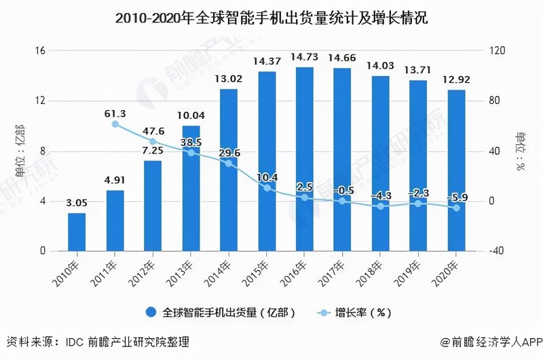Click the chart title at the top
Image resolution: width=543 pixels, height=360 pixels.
coord(271,18)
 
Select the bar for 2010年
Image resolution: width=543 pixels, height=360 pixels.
coord(77,232)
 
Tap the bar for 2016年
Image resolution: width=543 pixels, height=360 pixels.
coord(305,159)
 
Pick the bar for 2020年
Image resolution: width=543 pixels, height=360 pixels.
coord(457,170)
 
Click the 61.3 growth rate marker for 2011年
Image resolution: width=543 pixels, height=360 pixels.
coord(115,124)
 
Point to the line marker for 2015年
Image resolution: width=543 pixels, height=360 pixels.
coord(267,187)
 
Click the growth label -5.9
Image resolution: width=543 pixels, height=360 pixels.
coord(457,198)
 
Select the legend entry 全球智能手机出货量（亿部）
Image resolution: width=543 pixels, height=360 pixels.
coord(221,312)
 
